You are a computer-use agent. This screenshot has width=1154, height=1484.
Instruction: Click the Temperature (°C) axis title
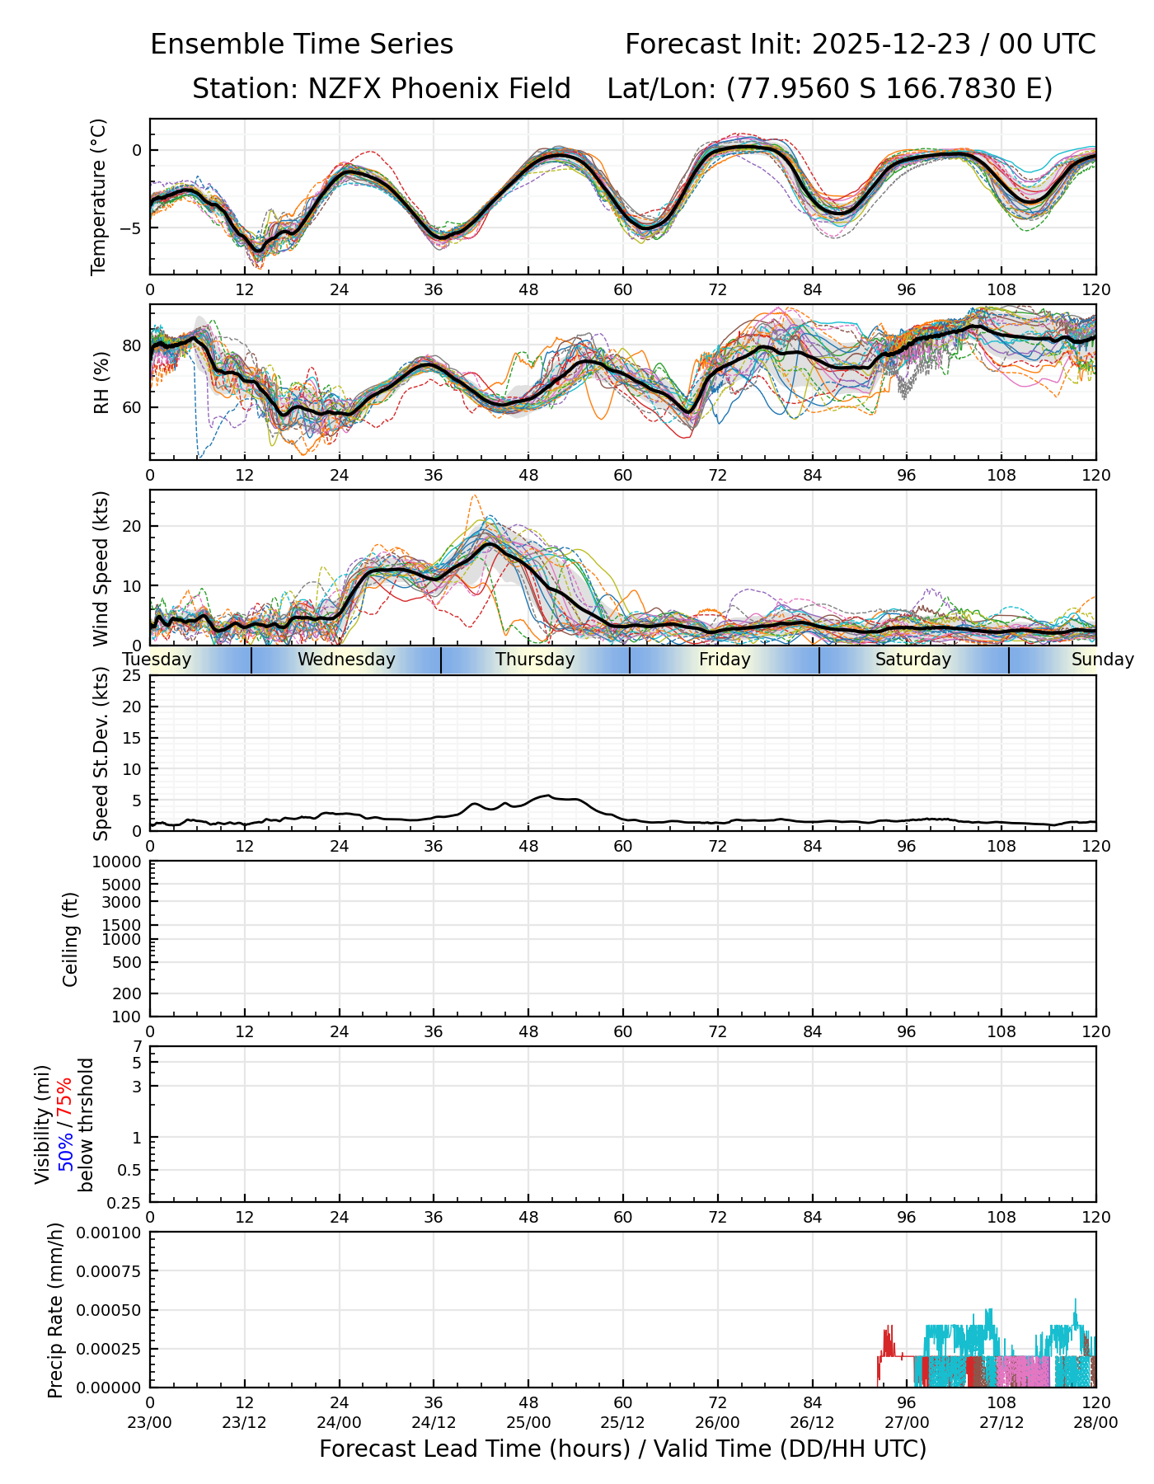coord(99,196)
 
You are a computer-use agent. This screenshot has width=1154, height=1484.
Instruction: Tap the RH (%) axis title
coord(101,383)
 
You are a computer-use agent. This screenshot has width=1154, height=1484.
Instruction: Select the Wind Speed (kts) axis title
coord(101,568)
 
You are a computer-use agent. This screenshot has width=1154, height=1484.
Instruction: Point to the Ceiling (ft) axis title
coord(71,939)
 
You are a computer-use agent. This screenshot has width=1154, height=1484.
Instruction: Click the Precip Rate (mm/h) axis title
coord(55,1310)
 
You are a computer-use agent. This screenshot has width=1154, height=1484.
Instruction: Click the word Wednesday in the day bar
coord(346,660)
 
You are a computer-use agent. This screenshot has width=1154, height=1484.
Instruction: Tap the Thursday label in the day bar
coord(535,660)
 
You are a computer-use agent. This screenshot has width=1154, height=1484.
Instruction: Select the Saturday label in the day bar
coord(913,660)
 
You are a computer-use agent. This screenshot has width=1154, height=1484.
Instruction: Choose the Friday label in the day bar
coord(725,660)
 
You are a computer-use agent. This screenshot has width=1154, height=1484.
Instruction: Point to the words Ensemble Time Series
coord(302,45)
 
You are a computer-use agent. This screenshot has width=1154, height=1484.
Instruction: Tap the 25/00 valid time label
coord(528,1422)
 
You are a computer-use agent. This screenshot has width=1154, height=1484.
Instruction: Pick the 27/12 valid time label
coord(1002,1422)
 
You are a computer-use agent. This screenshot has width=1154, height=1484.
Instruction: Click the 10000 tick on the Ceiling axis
coord(120,862)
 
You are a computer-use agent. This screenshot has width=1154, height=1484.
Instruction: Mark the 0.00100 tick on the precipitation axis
coord(110,1233)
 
